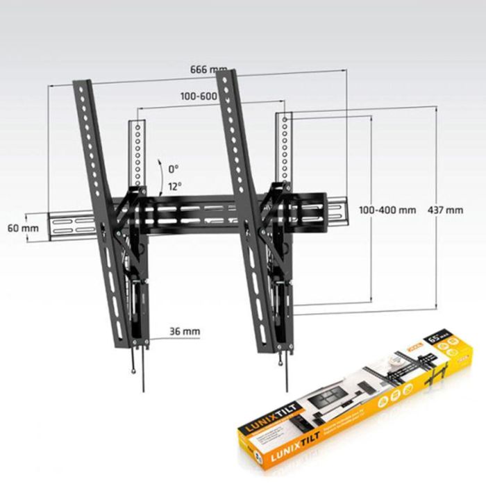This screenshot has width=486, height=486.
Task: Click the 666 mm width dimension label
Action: pyautogui.click(x=208, y=69)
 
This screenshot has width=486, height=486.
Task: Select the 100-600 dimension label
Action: pyautogui.click(x=199, y=97)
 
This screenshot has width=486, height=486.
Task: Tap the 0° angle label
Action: pyautogui.click(x=173, y=169)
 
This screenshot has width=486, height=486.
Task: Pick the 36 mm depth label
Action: pyautogui.click(x=184, y=332)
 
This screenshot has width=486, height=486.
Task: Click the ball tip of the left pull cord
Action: pyautogui.click(x=133, y=371)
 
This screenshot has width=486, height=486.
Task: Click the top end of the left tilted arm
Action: pyautogui.click(x=82, y=84)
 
